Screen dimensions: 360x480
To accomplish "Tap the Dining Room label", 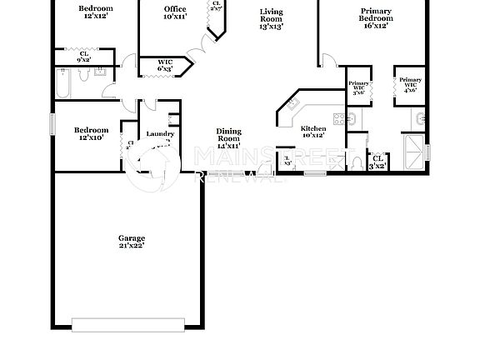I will pos(228,138).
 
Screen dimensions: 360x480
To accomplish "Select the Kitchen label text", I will pos(312,132).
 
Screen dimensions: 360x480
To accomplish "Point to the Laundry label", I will pos(159,134).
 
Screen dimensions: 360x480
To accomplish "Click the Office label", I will pos(175,12).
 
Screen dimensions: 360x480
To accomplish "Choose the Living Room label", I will pos(271,18).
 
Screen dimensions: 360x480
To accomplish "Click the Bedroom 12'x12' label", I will pos(96,12).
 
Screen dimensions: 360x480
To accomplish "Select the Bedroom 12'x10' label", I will pos(90,133).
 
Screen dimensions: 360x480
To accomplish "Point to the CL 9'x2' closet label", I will pos(84,57).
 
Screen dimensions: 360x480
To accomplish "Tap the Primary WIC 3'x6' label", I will pos(358,87).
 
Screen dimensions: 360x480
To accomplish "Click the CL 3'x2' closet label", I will pos(378,161).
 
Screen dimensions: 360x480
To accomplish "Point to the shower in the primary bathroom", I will pos(414,153).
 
